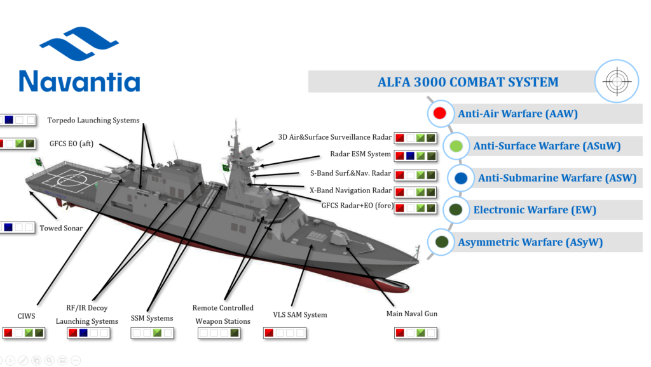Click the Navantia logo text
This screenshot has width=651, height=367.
pyautogui.click(x=79, y=81)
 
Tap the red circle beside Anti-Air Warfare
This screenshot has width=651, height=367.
pyautogui.click(x=439, y=114)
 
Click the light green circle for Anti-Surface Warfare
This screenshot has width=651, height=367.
pyautogui.click(x=456, y=146)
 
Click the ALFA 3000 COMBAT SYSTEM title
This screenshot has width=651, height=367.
pyautogui.click(x=468, y=82)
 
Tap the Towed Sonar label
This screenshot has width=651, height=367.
pyautogui.click(x=61, y=228)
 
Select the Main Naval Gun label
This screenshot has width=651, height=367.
pyautogui.click(x=412, y=314)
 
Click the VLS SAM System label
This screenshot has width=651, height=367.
pyautogui.click(x=299, y=314)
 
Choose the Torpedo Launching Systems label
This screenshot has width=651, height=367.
pyautogui.click(x=93, y=121)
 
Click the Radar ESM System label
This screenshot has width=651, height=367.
pyautogui.click(x=360, y=154)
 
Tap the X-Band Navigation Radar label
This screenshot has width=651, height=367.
pyautogui.click(x=350, y=190)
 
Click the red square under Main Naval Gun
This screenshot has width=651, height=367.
pyautogui.click(x=400, y=333)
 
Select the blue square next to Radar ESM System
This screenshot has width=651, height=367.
pyautogui.click(x=411, y=156)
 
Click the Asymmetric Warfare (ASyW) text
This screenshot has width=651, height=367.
pyautogui.click(x=530, y=242)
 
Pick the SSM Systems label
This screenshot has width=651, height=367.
pyautogui.click(x=152, y=318)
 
